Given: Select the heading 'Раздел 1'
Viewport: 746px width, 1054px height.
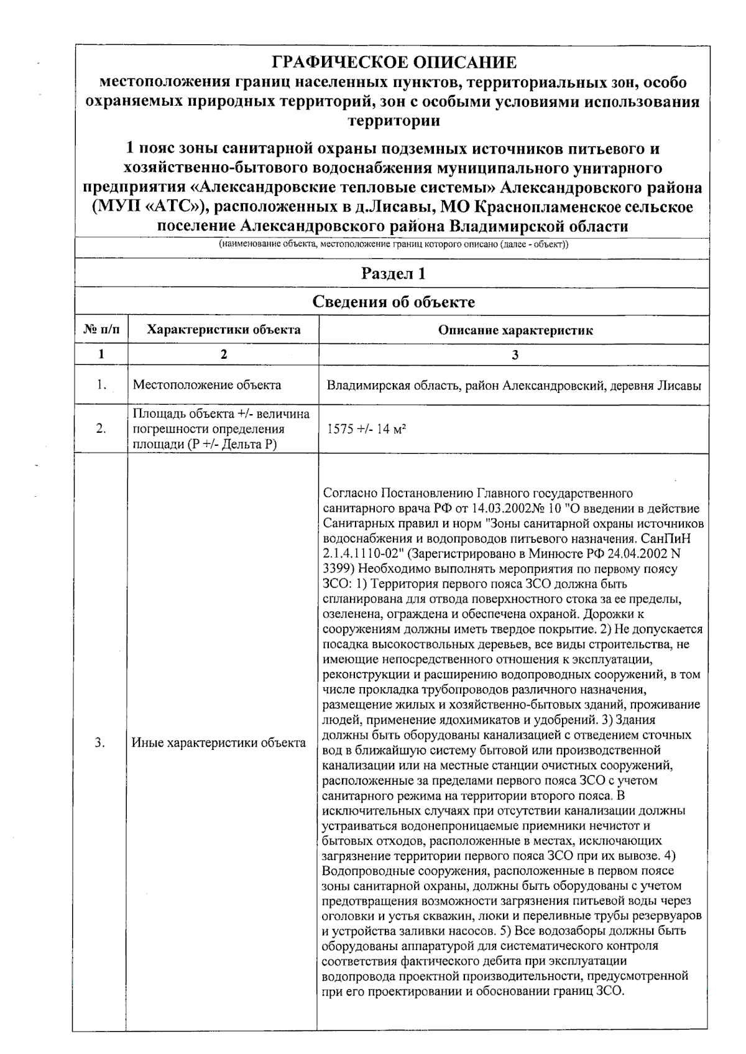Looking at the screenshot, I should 394,274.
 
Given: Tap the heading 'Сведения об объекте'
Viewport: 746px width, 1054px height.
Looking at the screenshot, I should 394,302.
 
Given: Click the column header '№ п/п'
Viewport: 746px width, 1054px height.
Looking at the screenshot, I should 101,330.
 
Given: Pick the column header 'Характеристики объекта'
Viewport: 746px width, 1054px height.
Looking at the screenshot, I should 224,330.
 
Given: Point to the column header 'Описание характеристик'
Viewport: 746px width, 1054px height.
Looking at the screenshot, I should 515,330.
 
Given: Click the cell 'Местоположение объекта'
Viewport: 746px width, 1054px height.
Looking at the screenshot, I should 207,385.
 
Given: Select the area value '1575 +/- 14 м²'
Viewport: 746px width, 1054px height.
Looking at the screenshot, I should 367,429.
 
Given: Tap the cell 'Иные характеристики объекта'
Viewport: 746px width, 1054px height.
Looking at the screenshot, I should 219,742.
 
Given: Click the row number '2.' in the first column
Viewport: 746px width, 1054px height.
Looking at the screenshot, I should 101,429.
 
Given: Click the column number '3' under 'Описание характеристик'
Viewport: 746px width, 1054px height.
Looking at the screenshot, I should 515,354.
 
